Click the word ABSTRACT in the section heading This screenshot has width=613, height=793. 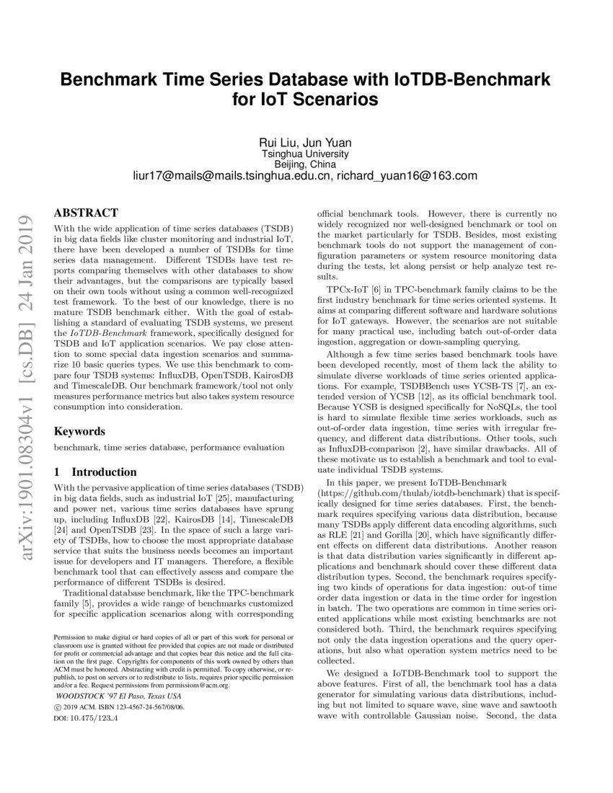coord(85,213)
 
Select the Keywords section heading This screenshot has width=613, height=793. coord(80,431)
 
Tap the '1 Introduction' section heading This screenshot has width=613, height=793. coord(96,472)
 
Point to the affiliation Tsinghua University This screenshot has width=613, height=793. coord(306,154)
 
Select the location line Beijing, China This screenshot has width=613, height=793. coord(306,164)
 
